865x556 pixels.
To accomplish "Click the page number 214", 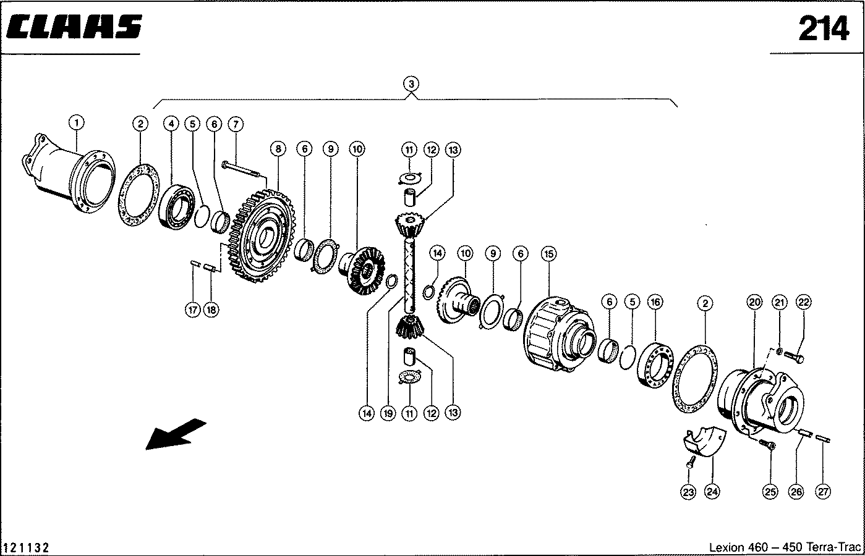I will (824, 29).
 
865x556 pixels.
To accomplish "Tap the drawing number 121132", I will (27, 548).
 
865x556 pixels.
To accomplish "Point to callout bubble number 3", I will (412, 83).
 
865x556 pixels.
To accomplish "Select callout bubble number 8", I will (278, 149).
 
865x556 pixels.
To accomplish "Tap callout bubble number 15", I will (548, 253).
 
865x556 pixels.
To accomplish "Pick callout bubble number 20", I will (754, 302).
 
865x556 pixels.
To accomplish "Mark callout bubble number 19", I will (388, 413).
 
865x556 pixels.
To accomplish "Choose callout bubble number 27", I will (822, 492).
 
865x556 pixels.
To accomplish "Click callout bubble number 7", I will (234, 124).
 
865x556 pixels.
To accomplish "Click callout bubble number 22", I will (803, 302).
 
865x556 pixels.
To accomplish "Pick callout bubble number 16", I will (655, 302).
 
